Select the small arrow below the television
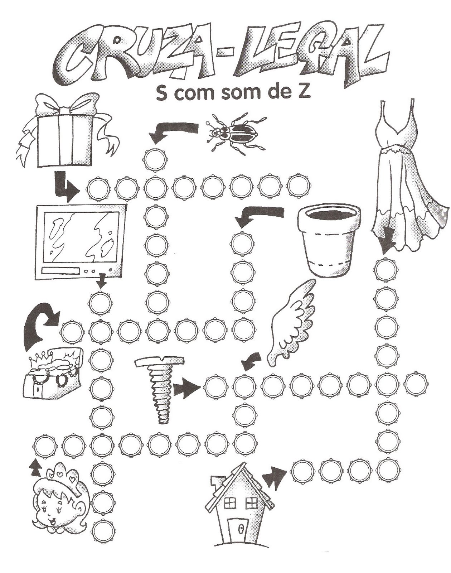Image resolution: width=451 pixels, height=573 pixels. tap(102, 281)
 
